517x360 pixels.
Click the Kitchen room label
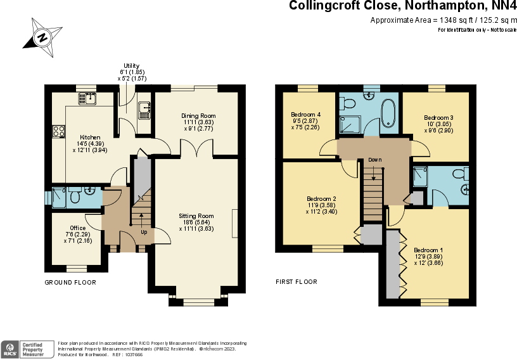tap(89, 138)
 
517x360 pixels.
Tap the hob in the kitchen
tap(58, 131)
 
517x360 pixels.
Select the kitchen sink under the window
tap(87, 98)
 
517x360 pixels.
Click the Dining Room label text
tap(198, 116)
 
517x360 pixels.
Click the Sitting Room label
tap(196, 216)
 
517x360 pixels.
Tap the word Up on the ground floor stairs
tap(144, 232)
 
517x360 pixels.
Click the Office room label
tap(77, 228)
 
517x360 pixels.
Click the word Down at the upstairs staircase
tap(375, 160)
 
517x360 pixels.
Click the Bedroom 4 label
tap(305, 114)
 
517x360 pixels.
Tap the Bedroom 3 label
tap(438, 118)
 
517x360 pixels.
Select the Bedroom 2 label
tap(321, 198)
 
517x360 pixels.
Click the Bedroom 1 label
tap(428, 250)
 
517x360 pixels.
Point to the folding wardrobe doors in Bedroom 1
tap(402, 263)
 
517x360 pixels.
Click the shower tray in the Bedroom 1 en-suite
tap(419, 177)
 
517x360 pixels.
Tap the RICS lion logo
tap(11, 348)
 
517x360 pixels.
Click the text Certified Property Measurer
tap(37, 348)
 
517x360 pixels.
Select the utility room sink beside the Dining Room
tap(144, 110)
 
